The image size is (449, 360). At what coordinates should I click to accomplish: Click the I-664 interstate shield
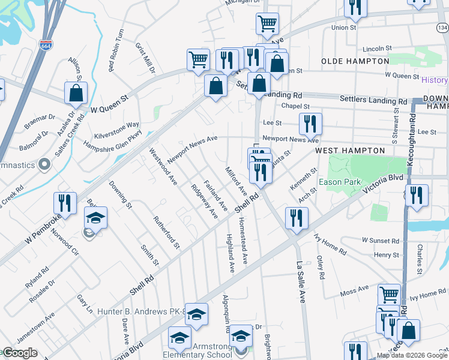point(46,44)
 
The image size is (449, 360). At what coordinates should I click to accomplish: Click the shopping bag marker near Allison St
point(76,93)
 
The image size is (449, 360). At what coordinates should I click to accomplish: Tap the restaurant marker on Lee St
point(310,124)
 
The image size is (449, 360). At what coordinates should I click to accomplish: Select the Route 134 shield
point(442,28)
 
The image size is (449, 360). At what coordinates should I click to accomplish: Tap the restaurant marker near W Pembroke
point(65,203)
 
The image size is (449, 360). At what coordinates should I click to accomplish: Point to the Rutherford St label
point(166,232)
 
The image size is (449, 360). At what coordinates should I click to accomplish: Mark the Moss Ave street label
point(354,293)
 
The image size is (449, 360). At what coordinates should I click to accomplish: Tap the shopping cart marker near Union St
point(267,24)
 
